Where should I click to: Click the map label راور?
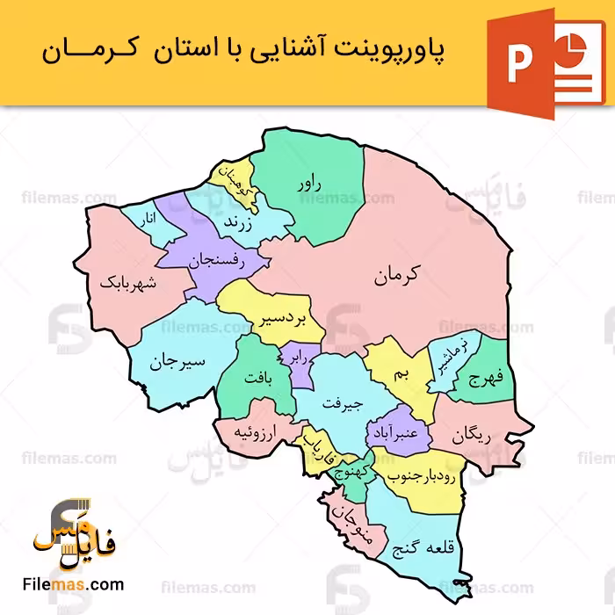click(310, 183)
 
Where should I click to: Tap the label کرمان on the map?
click(397, 275)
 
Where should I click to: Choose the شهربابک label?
click(132, 283)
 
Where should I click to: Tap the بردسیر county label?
click(283, 318)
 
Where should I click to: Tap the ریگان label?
click(475, 435)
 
